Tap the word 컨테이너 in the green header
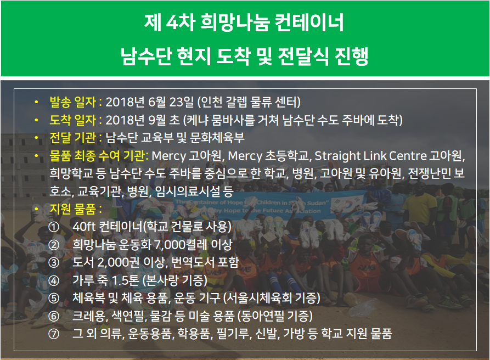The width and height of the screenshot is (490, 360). (309, 22)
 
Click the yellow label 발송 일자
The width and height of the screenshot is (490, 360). (73, 102)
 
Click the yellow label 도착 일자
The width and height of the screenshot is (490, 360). (73, 120)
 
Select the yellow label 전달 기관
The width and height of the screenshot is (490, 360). (73, 138)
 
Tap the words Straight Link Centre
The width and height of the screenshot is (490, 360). (370, 156)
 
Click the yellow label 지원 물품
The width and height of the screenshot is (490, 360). (73, 209)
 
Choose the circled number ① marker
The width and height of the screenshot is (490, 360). (54, 227)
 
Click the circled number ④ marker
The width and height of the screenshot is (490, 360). (54, 280)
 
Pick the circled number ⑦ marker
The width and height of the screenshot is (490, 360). (54, 334)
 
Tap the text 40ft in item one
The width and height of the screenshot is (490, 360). (84, 227)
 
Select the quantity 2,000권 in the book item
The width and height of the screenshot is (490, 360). (119, 262)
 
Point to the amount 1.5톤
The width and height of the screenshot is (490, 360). (125, 280)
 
